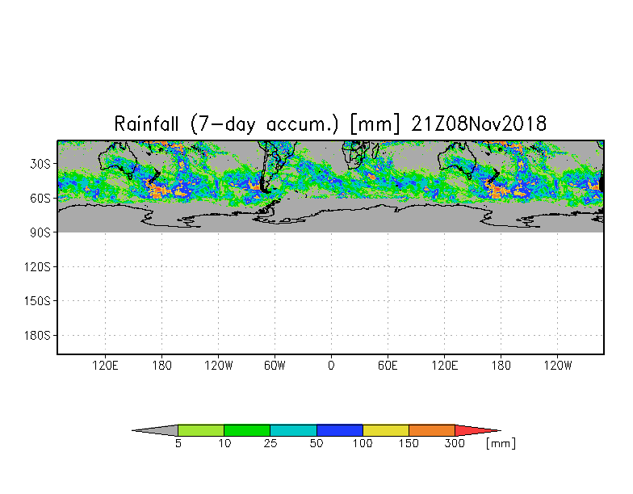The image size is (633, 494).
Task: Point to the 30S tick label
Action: click(x=41, y=164)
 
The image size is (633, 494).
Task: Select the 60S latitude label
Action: click(x=41, y=199)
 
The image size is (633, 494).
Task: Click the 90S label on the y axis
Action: click(x=41, y=232)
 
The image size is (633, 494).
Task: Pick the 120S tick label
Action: click(x=38, y=267)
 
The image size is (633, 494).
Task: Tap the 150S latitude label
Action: click(x=38, y=301)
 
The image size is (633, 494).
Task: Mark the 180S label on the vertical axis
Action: click(x=38, y=336)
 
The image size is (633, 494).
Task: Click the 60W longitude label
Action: click(x=275, y=366)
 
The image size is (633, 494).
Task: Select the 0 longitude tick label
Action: click(x=331, y=366)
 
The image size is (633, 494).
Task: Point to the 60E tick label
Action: click(x=388, y=366)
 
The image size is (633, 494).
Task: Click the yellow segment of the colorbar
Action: click(x=386, y=430)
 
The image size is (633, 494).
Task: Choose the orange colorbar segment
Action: click(x=432, y=430)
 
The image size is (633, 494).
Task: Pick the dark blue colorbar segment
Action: click(x=340, y=430)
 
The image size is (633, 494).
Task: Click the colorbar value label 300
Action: click(x=455, y=443)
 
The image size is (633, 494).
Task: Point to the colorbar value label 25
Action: click(x=270, y=443)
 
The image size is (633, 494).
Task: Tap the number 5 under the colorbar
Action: click(x=178, y=443)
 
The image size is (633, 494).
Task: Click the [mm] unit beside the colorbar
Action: click(x=501, y=443)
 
